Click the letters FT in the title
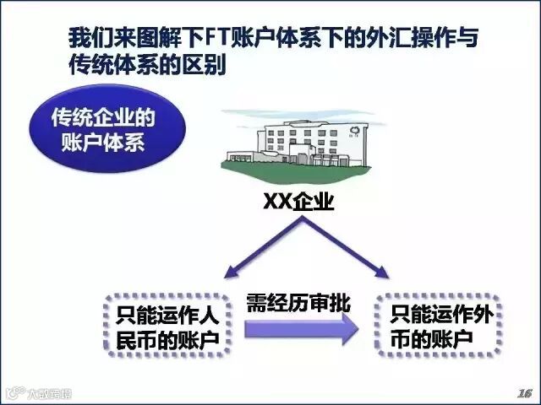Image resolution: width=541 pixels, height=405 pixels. (218, 37)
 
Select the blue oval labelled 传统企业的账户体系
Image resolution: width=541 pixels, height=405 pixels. (107, 129)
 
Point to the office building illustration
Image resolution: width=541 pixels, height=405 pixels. (296, 145)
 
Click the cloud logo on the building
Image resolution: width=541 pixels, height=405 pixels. (354, 131)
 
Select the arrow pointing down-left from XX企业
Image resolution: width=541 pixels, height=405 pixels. (264, 247)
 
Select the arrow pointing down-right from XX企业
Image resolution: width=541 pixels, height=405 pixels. (346, 247)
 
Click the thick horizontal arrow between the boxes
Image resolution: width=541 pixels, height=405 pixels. (302, 329)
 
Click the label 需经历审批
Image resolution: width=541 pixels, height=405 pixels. (298, 303)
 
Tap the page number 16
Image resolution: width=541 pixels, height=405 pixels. (524, 393)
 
